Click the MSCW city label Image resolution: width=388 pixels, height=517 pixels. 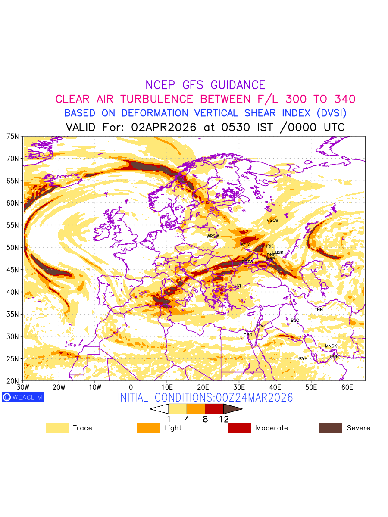pos(272,221)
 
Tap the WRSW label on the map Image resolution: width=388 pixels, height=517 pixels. pos(213,236)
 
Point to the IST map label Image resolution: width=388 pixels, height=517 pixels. pos(238,286)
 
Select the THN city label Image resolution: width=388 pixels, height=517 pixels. pos(319,310)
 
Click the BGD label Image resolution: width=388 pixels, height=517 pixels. pos(295,321)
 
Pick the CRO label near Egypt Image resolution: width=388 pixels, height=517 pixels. pos(248,335)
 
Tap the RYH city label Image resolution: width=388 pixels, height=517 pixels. pos(304,358)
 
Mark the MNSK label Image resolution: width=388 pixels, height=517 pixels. pos(331,346)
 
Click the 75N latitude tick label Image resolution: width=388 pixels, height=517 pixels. pos(13,136)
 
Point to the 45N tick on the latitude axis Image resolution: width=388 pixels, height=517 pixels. pos(13,270)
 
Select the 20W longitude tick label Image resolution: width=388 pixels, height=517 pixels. pos(59,388)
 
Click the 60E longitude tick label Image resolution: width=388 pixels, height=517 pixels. pos(347,388)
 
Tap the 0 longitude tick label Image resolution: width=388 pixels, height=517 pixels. pos(131,388)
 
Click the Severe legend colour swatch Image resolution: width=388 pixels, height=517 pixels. pos(331,428)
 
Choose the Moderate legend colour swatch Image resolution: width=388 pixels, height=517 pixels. pos(239,428)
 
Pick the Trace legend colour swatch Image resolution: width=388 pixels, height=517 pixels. pos(57,428)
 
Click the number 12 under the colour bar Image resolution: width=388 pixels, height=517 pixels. pos(223,419)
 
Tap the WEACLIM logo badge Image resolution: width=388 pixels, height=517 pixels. pos(22,397)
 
